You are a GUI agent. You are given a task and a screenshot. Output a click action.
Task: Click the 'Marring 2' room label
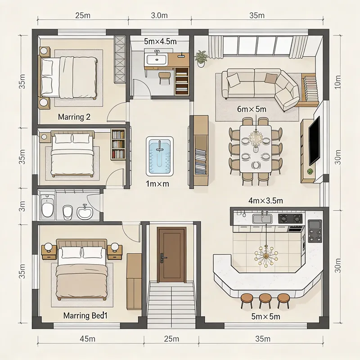[x=74, y=117]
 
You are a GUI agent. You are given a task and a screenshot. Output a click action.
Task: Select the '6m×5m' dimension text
[x=252, y=109]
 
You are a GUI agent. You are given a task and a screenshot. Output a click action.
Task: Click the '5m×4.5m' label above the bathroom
[x=160, y=41]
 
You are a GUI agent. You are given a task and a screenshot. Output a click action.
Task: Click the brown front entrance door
[x=171, y=255]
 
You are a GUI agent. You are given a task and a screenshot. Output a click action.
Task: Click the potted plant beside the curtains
[x=201, y=58]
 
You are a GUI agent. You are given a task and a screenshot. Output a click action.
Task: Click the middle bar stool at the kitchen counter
[x=265, y=300]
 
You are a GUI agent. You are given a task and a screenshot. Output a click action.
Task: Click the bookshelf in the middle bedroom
[x=118, y=144]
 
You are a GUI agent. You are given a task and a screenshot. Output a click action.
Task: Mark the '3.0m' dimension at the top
[x=159, y=15]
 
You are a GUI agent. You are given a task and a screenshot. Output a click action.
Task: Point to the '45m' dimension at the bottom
[x=87, y=338]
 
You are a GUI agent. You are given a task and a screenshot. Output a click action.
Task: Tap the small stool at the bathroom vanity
[x=165, y=77]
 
